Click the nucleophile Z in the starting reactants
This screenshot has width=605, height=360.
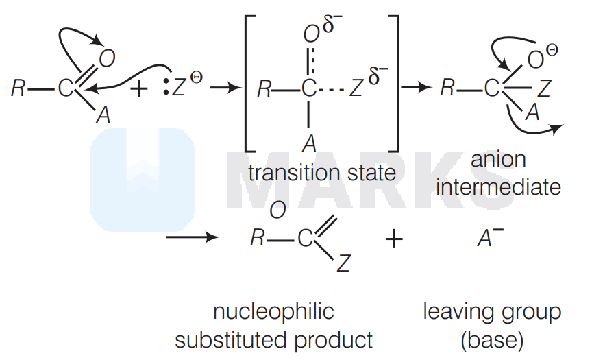(x=179, y=87)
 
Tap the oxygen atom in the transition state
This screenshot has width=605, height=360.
(x=311, y=35)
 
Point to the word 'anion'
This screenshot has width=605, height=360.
(x=498, y=159)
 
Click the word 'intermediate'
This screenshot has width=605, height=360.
(x=498, y=187)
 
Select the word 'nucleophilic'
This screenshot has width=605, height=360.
(x=273, y=311)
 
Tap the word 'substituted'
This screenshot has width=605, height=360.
(x=231, y=340)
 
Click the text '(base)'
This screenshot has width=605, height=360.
(x=492, y=340)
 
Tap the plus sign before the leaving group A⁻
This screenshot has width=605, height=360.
(x=394, y=239)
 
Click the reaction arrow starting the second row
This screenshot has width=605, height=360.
(x=193, y=237)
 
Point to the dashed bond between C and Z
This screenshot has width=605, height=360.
(x=332, y=91)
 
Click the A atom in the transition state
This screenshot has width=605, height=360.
(x=309, y=144)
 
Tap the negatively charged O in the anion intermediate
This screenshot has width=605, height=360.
(x=535, y=60)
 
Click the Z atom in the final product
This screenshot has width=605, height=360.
(x=343, y=263)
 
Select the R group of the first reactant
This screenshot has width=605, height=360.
(x=18, y=88)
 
